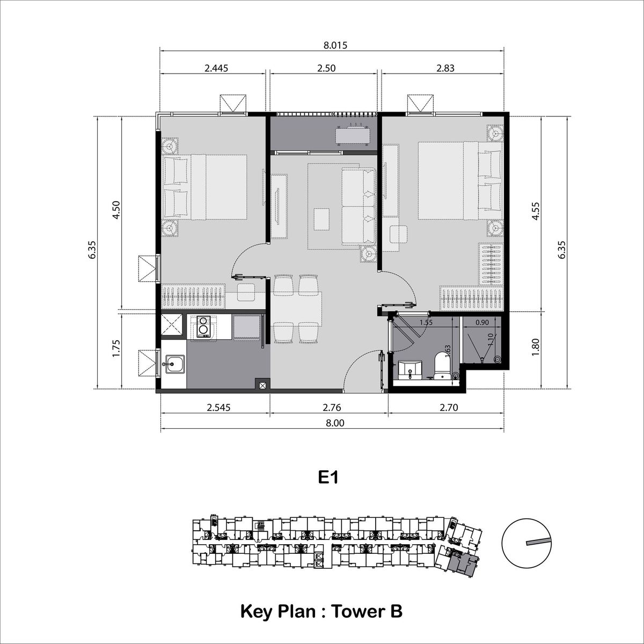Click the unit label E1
point(328,478)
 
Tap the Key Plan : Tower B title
point(321,611)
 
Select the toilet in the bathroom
point(443,365)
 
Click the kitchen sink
point(173,365)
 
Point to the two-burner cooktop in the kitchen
point(203,327)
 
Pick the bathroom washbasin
point(412,370)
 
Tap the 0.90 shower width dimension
point(482,323)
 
